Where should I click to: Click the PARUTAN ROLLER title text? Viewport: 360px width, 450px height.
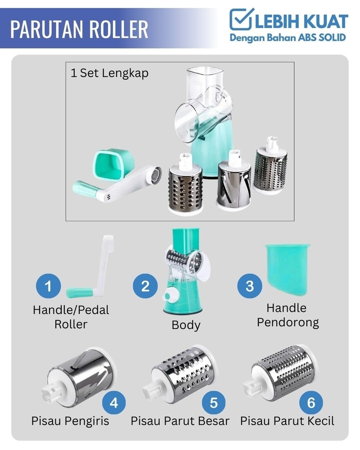pyautogui.click(x=79, y=29)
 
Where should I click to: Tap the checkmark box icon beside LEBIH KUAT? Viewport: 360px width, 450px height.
pyautogui.click(x=241, y=19)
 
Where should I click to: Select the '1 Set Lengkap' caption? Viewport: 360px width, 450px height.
pyautogui.click(x=109, y=73)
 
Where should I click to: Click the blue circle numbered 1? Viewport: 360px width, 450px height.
pyautogui.click(x=48, y=286)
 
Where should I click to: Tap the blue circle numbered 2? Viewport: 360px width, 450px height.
pyautogui.click(x=145, y=286)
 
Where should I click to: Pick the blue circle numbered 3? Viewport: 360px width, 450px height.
pyautogui.click(x=249, y=286)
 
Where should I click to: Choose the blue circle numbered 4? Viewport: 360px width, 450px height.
pyautogui.click(x=114, y=402)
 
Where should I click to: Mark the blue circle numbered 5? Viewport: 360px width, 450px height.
pyautogui.click(x=214, y=402)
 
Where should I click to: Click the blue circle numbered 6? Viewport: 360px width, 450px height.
pyautogui.click(x=311, y=402)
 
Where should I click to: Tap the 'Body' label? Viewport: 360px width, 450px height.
pyautogui.click(x=186, y=325)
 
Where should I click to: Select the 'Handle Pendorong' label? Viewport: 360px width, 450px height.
pyautogui.click(x=288, y=315)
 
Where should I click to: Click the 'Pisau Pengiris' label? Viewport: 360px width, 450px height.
pyautogui.click(x=70, y=421)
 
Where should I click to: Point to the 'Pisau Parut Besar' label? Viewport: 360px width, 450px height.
pyautogui.click(x=180, y=421)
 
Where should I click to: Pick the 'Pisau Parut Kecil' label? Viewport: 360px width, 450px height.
pyautogui.click(x=287, y=421)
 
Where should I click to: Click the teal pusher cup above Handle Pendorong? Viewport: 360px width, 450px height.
pyautogui.click(x=287, y=270)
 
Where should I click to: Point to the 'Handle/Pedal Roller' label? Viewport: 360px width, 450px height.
pyautogui.click(x=71, y=317)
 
